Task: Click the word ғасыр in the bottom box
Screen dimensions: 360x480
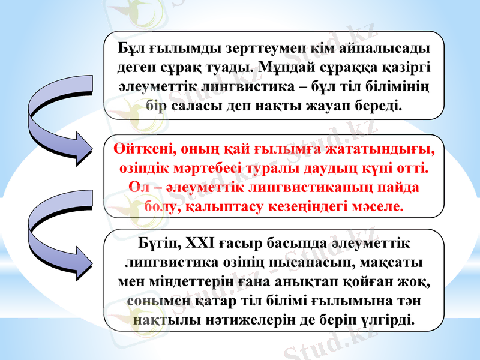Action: [252, 244]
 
